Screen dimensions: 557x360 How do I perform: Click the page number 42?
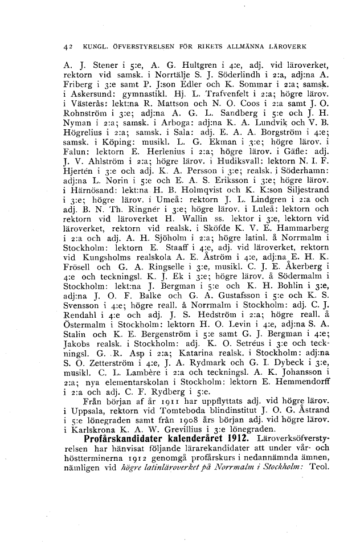(x=68, y=46)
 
